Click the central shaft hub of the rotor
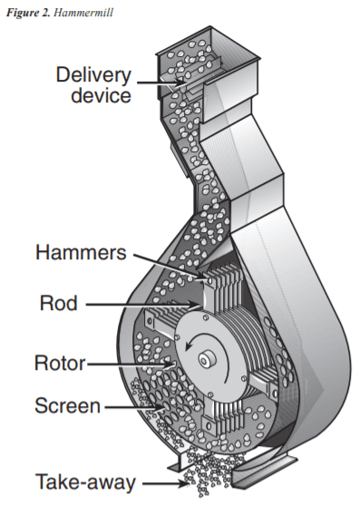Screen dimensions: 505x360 pos(208,360)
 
